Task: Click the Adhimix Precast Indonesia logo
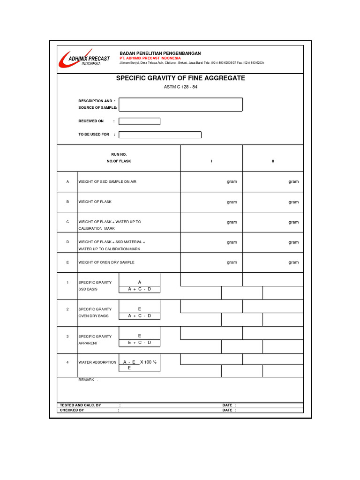pos(83,59)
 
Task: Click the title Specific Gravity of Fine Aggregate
pos(180,78)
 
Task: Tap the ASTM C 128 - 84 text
pos(180,87)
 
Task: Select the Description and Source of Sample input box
pos(180,105)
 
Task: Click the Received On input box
pos(139,121)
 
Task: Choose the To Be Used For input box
pos(160,135)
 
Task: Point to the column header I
pos(211,161)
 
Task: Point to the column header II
pos(273,161)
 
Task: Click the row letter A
pos(67,182)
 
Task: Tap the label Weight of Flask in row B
pos(95,202)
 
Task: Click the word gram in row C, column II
pos(293,222)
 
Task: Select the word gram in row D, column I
pos(232,242)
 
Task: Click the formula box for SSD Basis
pos(139,285)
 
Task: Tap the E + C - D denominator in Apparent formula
pos(139,343)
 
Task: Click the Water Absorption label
pos(97,362)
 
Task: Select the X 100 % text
pos(148,362)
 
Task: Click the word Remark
pos(86,380)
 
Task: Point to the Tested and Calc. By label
pos(80,405)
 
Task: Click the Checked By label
pos(72,410)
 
